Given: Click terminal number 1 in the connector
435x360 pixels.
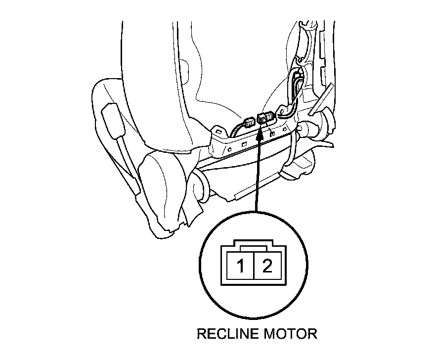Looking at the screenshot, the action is click(x=240, y=268).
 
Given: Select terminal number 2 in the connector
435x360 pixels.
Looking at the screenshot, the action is click(x=267, y=268).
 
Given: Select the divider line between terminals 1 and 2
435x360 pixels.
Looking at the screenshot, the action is click(x=254, y=268).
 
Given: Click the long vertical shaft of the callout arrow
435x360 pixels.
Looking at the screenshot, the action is click(x=257, y=173).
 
